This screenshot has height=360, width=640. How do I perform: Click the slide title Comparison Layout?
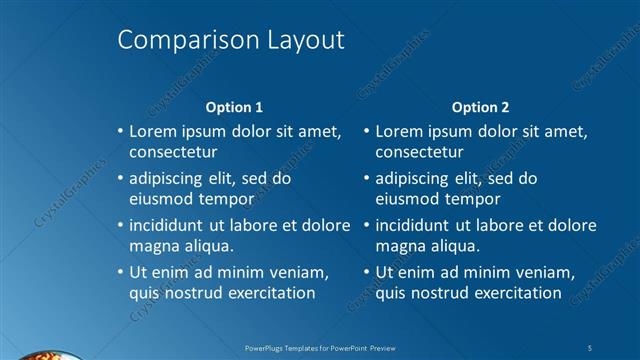[x=231, y=40]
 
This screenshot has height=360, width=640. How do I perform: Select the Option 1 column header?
[x=234, y=107]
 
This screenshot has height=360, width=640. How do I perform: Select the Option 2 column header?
[x=480, y=107]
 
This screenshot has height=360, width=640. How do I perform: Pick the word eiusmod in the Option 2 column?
[x=406, y=199]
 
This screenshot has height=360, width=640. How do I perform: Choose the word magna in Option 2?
[x=399, y=246]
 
